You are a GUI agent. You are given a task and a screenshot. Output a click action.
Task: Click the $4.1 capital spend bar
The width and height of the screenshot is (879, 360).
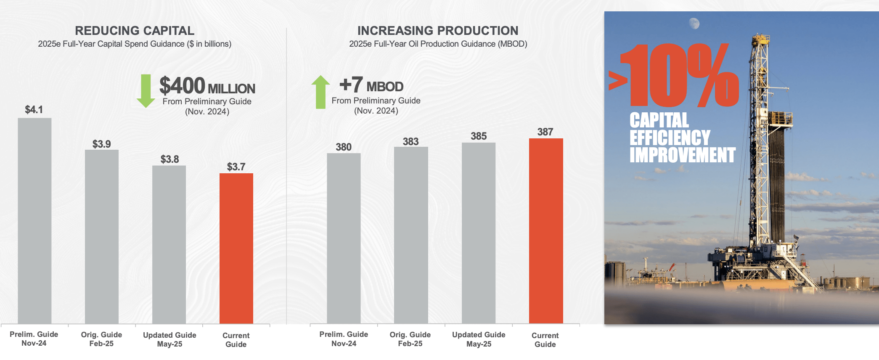(x=34, y=221)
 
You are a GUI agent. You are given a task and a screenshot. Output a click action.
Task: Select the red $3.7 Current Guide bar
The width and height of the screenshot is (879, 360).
(x=236, y=248)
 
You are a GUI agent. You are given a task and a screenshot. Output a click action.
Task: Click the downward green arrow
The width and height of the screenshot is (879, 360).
(x=146, y=91)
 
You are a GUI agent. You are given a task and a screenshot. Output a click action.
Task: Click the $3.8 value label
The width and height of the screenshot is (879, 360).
(x=169, y=159)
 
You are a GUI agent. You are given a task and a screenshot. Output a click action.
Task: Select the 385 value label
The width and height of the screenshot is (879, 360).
(x=479, y=136)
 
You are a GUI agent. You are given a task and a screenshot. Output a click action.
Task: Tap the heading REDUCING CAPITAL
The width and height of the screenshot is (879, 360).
(x=135, y=31)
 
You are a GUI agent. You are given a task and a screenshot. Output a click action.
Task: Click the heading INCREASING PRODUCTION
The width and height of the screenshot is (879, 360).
(x=438, y=31)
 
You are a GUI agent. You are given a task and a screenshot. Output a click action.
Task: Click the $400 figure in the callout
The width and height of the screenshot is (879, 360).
(x=182, y=86)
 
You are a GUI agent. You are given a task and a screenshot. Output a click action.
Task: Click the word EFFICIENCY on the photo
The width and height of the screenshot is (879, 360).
(x=670, y=138)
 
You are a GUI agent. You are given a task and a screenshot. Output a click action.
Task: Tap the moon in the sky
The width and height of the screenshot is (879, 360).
(x=694, y=24)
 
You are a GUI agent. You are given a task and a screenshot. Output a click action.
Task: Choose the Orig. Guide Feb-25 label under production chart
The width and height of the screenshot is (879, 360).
(x=410, y=339)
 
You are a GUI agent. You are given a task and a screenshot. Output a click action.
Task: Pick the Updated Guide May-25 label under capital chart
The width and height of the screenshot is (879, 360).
(x=169, y=339)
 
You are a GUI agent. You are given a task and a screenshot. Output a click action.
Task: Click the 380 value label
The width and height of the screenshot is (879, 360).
(x=344, y=147)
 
